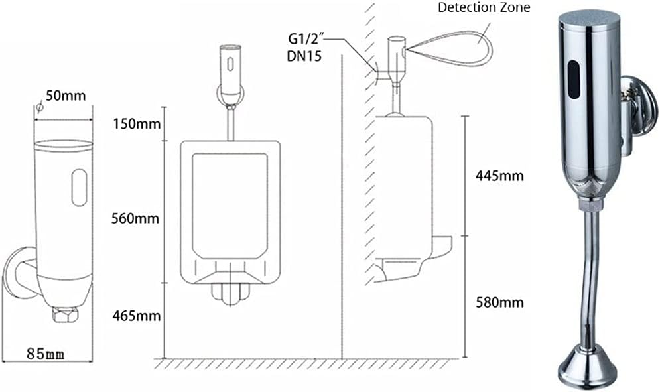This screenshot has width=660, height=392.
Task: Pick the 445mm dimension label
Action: click(x=499, y=176)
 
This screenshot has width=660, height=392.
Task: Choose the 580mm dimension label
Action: click(x=499, y=302)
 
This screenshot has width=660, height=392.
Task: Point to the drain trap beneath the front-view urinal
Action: click(x=230, y=293)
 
